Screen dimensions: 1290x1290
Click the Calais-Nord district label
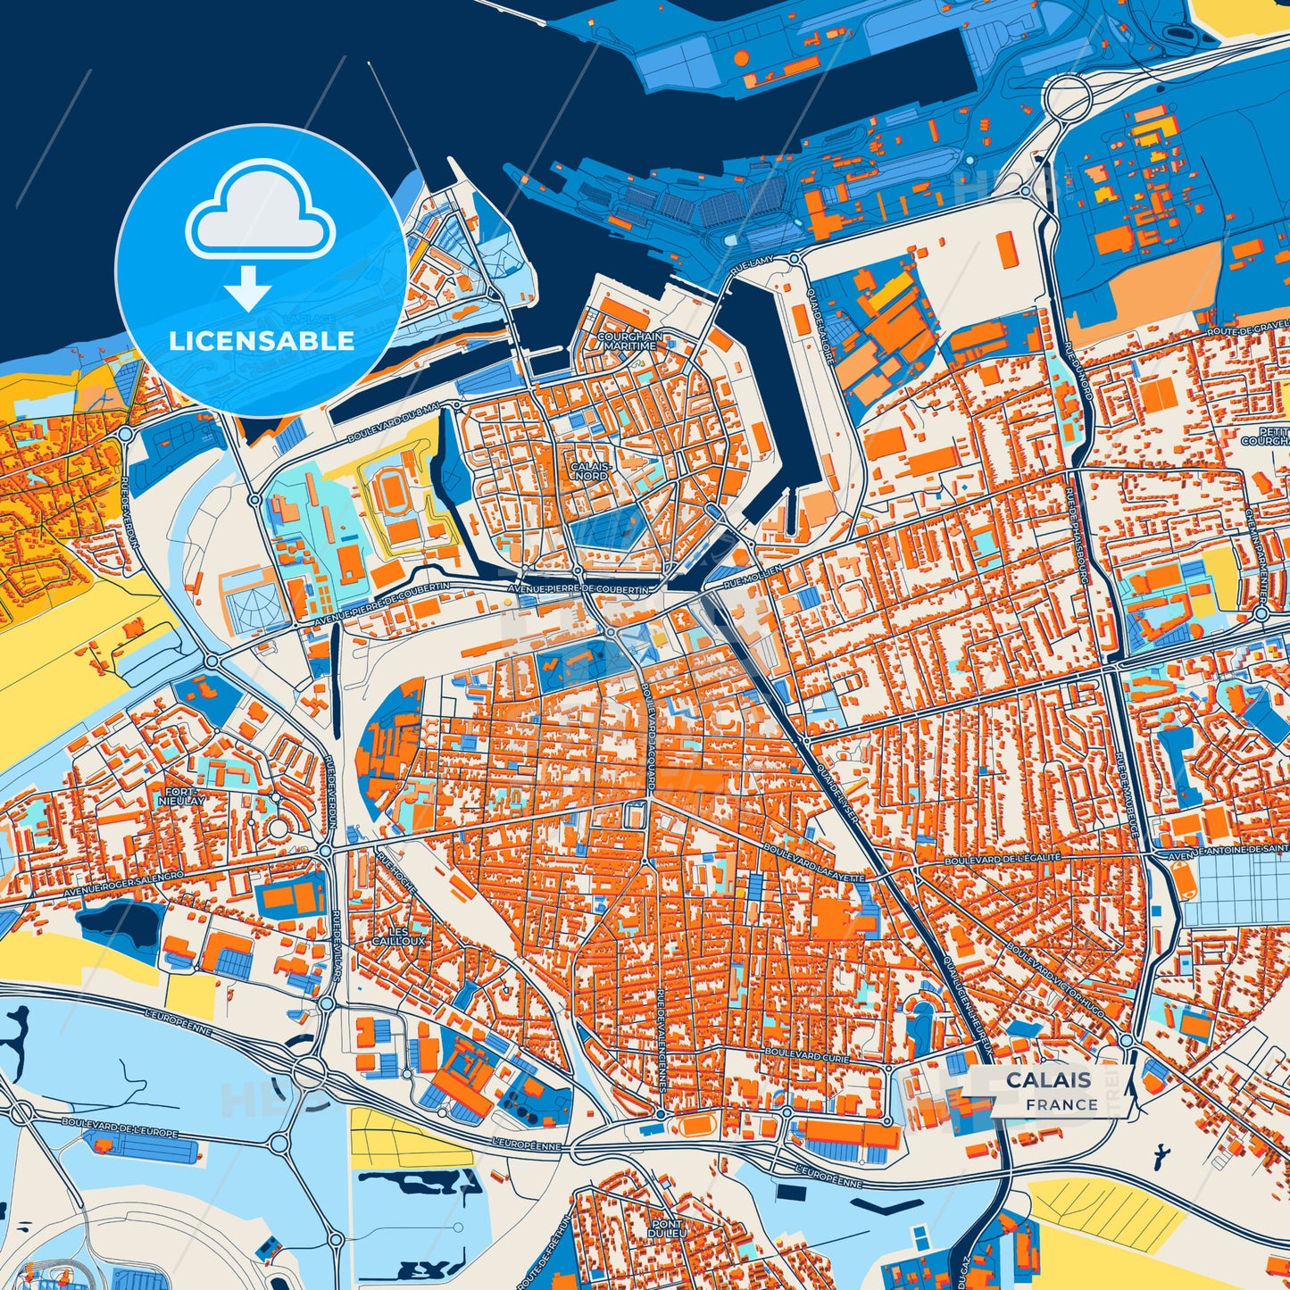pos(591,471)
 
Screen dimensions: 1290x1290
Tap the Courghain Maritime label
pos(630,340)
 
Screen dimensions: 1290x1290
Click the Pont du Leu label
pos(666,1229)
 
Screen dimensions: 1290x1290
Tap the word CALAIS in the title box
pos(1048,1079)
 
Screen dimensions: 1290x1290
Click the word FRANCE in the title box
pos(1061,1104)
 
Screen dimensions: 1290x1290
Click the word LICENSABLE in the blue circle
pos(262,341)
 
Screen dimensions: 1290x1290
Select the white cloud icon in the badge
pos(260,215)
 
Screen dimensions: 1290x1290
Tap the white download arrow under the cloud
pos(248,287)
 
